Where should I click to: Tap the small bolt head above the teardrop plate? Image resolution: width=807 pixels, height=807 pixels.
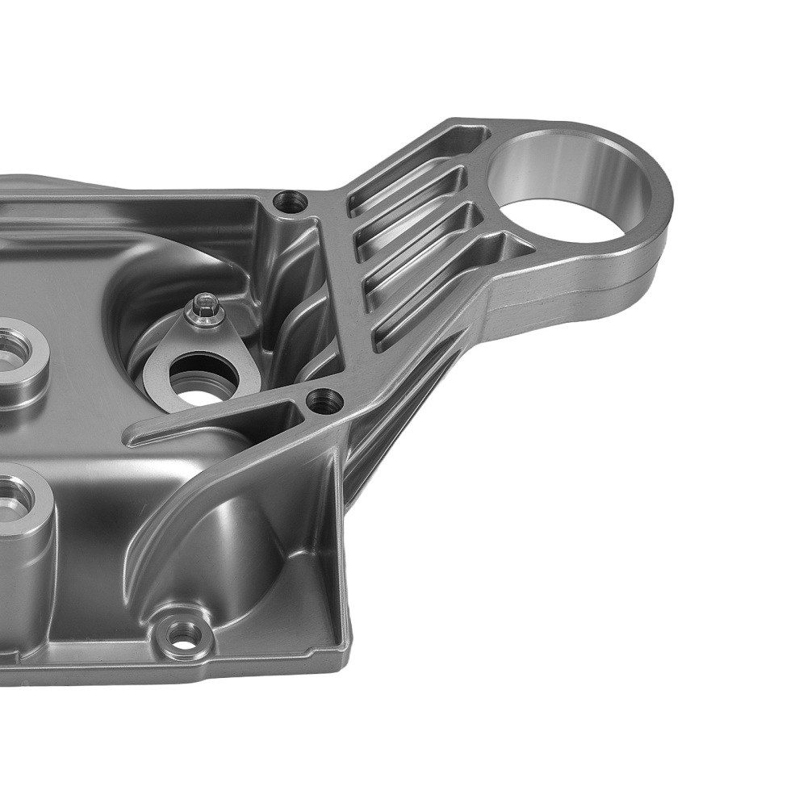[x=206, y=310]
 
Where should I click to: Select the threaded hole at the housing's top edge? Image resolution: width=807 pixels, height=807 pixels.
[x=290, y=201]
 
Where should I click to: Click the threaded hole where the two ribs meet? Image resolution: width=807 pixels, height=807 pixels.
[x=325, y=399]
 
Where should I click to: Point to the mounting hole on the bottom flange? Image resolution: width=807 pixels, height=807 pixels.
[x=186, y=635]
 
